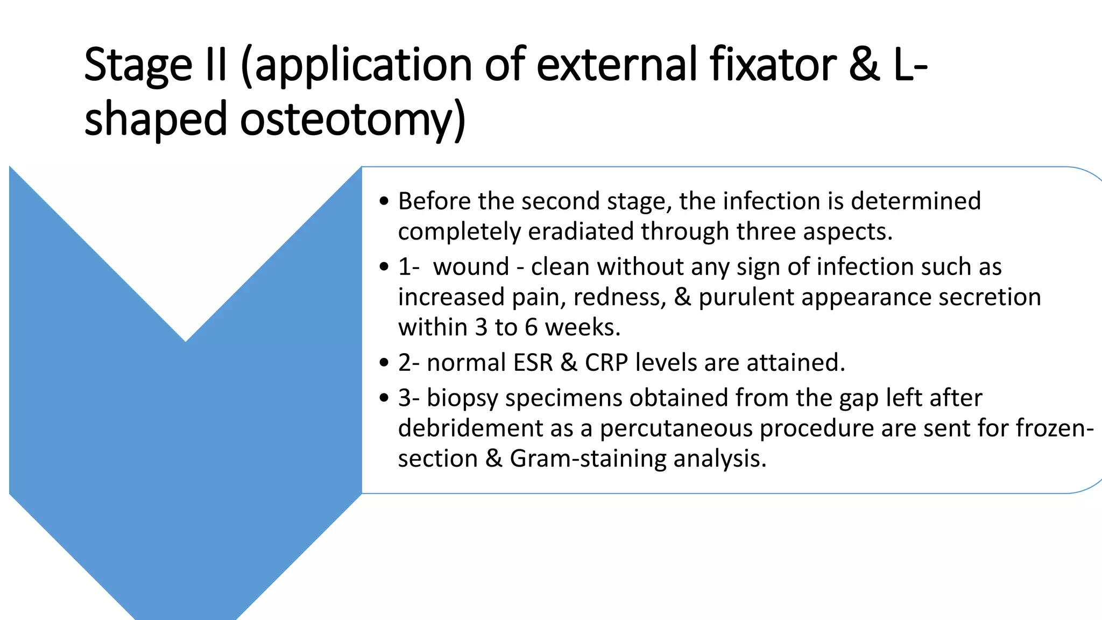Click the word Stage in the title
coord(138,65)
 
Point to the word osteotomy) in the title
coord(352,119)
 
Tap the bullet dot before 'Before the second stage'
coord(383,201)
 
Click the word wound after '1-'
coord(471,267)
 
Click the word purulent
coord(746,297)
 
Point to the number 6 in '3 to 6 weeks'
coord(531,327)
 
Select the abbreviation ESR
coord(533,362)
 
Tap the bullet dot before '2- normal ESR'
coord(383,363)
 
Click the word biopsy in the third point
coord(462,398)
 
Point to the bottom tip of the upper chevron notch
coord(186,341)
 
